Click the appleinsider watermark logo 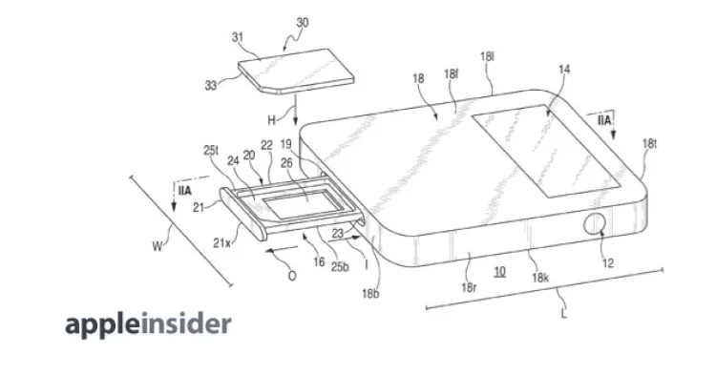point(148,324)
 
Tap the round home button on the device point(595,224)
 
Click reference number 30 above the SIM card point(302,23)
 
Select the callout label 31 point(238,37)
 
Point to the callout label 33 point(211,85)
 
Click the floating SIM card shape point(296,72)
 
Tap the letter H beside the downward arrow point(272,120)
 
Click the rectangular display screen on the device point(546,151)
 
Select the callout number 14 point(564,70)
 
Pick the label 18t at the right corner point(649,144)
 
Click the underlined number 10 point(499,272)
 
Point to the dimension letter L point(564,314)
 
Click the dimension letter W point(158,247)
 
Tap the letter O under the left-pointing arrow point(292,276)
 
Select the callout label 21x point(221,243)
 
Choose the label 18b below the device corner point(370,294)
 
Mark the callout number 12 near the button point(608,263)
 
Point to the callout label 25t point(211,150)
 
